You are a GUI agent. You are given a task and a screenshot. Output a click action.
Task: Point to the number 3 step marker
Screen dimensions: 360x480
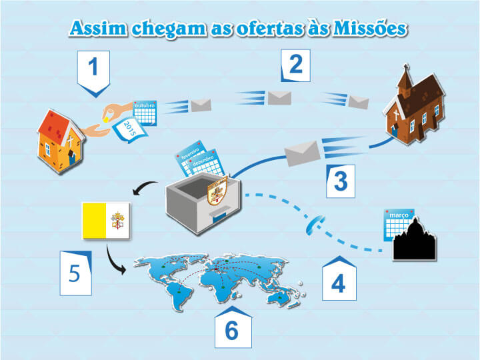(340, 181)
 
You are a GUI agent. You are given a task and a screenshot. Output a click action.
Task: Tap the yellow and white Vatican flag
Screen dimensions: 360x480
(105, 220)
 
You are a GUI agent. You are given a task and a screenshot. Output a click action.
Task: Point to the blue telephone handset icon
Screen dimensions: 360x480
(311, 227)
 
